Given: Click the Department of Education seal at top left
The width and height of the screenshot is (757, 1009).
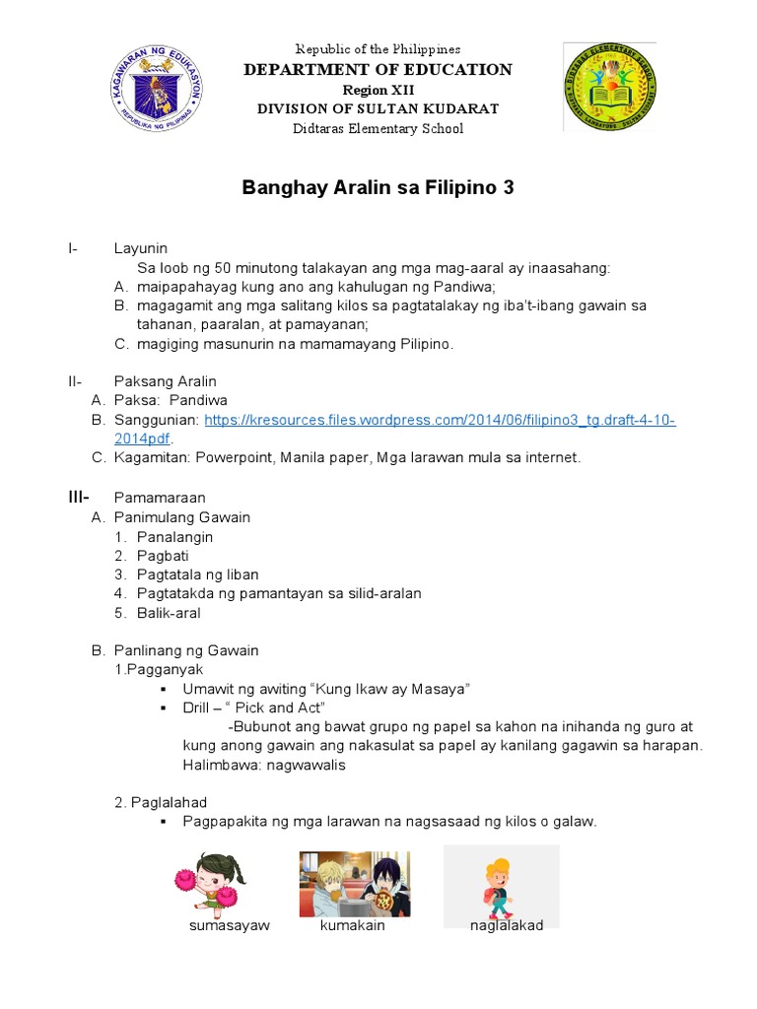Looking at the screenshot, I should click(x=157, y=89).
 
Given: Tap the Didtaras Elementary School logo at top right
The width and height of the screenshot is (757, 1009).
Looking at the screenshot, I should click(x=608, y=87).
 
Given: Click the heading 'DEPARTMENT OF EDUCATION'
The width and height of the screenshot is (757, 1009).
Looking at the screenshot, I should click(x=378, y=69).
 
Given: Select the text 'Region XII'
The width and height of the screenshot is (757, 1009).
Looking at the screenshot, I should click(x=378, y=90).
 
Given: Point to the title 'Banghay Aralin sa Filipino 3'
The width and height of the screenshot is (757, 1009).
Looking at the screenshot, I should click(x=378, y=187).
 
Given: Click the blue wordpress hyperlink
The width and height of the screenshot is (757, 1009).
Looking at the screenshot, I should click(x=439, y=420).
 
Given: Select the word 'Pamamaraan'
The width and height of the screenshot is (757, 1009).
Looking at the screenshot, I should click(x=160, y=498).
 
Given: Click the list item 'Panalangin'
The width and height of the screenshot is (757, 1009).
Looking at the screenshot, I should click(x=174, y=536).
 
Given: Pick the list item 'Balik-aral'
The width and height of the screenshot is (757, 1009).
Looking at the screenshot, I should click(x=168, y=613).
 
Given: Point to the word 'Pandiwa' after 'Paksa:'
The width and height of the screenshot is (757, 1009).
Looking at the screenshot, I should click(x=198, y=400).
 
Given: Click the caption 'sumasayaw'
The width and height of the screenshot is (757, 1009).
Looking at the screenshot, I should click(x=230, y=926).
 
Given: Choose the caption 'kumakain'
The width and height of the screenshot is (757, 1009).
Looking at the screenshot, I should click(x=352, y=926).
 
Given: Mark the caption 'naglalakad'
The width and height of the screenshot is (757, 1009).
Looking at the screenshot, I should click(x=507, y=926).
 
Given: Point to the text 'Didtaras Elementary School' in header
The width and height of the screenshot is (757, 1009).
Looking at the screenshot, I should click(x=378, y=129).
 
